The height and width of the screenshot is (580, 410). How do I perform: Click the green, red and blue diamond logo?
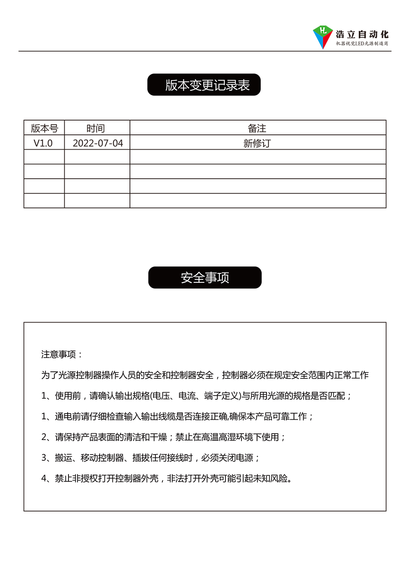323,36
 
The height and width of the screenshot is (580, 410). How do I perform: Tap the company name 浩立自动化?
362,34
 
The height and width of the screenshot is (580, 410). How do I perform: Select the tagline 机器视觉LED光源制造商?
362,43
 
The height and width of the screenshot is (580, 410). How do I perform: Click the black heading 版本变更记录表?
204,85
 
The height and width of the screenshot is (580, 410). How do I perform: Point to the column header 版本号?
44,128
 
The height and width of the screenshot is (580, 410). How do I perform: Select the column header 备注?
257,128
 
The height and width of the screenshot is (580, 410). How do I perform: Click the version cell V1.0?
43,143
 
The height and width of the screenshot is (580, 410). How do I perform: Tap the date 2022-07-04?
98,143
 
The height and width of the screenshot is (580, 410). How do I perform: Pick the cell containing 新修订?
257,143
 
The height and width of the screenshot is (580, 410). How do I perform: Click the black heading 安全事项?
205,277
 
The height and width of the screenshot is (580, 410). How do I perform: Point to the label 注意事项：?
62,354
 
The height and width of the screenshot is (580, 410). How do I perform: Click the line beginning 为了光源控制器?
205,375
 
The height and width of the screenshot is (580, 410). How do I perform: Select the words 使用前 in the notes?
68,396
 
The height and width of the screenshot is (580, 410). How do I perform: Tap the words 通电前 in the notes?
68,416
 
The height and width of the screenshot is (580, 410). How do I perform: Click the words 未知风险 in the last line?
270,478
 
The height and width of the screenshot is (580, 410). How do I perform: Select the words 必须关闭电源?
227,458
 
